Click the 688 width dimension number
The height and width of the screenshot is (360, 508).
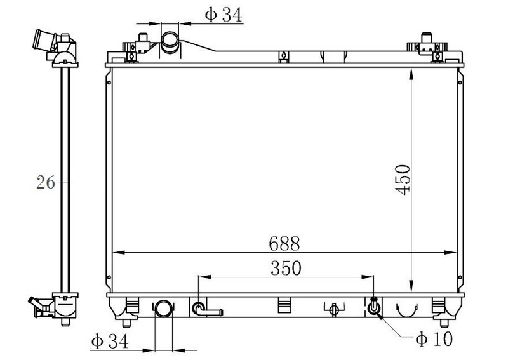coord(284,244)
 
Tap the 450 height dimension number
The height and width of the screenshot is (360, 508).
coord(403,180)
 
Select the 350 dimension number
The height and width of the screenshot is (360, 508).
coord(286,268)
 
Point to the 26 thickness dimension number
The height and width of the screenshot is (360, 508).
coord(46,182)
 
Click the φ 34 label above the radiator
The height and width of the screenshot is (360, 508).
coord(224,15)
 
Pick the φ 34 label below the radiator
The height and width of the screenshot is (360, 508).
coord(110,341)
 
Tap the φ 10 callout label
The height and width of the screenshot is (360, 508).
coord(434,339)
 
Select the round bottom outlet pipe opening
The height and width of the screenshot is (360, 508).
coord(164,309)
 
